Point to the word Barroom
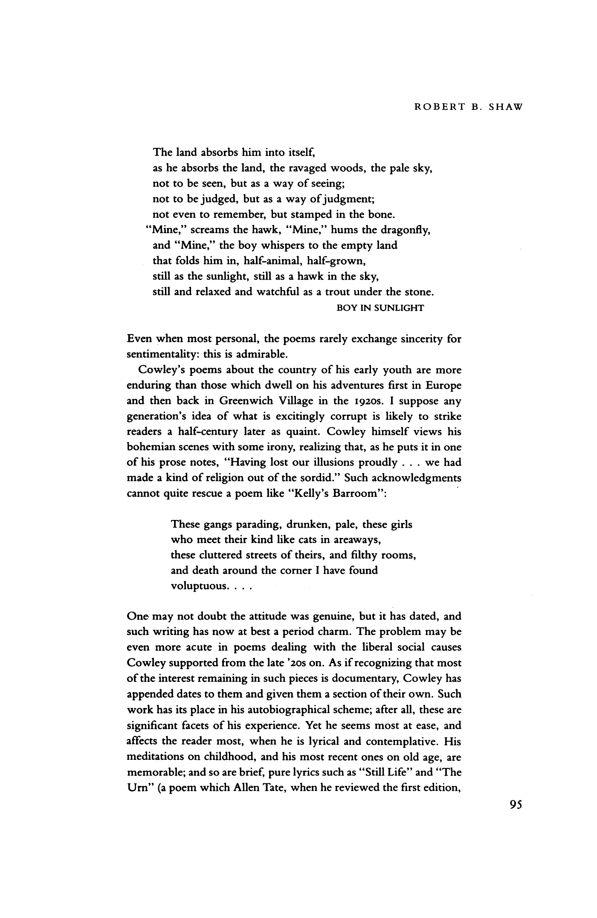pyautogui.click(x=361, y=494)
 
